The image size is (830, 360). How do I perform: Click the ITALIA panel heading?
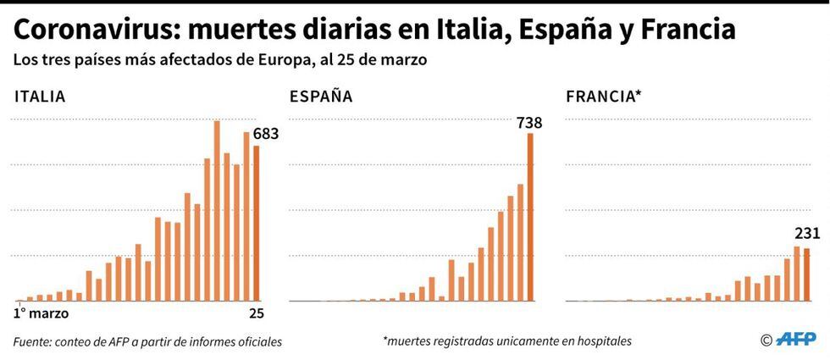[x=40, y=97]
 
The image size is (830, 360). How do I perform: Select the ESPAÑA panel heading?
[x=321, y=97]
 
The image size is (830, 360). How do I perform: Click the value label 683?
[x=266, y=134]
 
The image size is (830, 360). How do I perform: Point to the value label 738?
[x=528, y=123]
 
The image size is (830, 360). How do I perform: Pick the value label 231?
[x=807, y=234]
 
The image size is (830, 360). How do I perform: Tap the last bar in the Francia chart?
[x=806, y=274]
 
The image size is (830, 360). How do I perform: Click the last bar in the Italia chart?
[x=256, y=224]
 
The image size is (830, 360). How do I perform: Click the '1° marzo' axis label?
[x=40, y=314]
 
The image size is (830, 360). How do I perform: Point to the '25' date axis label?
[x=256, y=314]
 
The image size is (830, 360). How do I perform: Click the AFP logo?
[x=796, y=340]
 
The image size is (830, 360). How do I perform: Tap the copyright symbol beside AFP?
[x=766, y=341]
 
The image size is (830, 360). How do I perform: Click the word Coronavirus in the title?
[x=93, y=31]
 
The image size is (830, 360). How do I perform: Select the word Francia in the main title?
[x=688, y=31]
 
